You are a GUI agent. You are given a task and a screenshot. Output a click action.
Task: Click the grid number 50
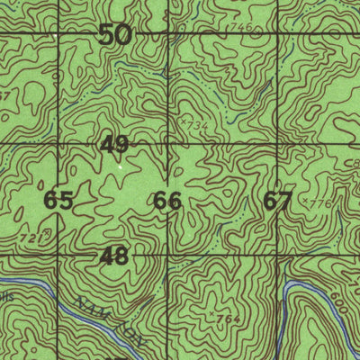tap(114, 36)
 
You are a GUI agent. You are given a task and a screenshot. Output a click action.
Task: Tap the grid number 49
tap(114, 144)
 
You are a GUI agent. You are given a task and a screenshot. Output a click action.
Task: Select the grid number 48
tap(114, 256)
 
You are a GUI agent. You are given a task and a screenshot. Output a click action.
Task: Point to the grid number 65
tap(58, 201)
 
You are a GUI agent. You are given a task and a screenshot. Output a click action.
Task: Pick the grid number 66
tap(167, 201)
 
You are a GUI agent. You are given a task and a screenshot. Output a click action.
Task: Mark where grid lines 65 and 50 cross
tap(59, 35)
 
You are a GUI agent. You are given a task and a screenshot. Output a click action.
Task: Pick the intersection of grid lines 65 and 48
tap(59, 256)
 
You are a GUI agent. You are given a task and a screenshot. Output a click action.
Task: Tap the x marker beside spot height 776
tap(305, 202)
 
